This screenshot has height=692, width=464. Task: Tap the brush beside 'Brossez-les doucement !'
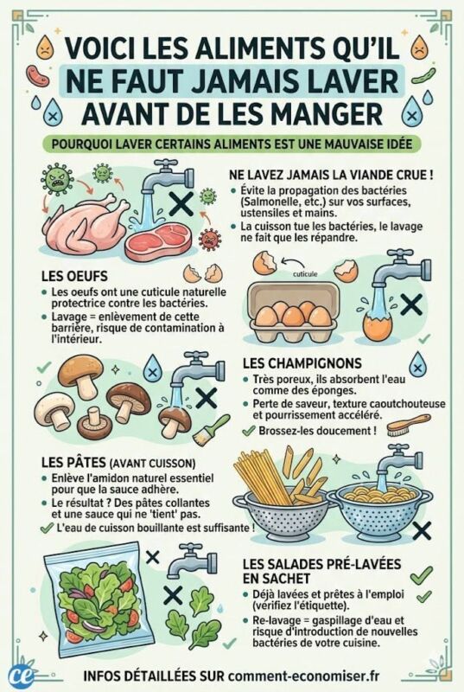(409, 426)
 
